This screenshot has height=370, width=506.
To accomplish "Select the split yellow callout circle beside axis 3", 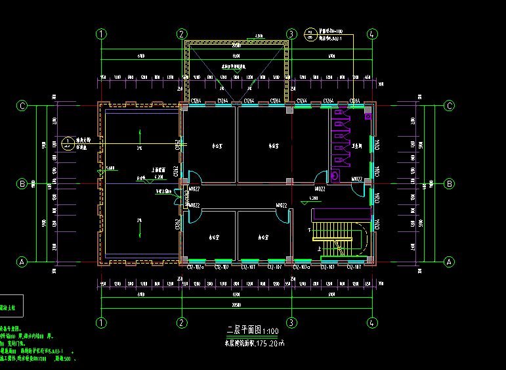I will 310,34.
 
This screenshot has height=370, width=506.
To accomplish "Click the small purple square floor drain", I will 368,116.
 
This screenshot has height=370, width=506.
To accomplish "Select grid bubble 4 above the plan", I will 372,34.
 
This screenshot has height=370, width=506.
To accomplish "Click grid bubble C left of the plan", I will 22,105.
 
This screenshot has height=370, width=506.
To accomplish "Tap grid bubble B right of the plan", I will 450,183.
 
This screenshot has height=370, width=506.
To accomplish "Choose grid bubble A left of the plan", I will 22,262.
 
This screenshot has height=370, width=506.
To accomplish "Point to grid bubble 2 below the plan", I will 181,322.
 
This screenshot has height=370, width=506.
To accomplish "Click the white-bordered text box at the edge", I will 12,306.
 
